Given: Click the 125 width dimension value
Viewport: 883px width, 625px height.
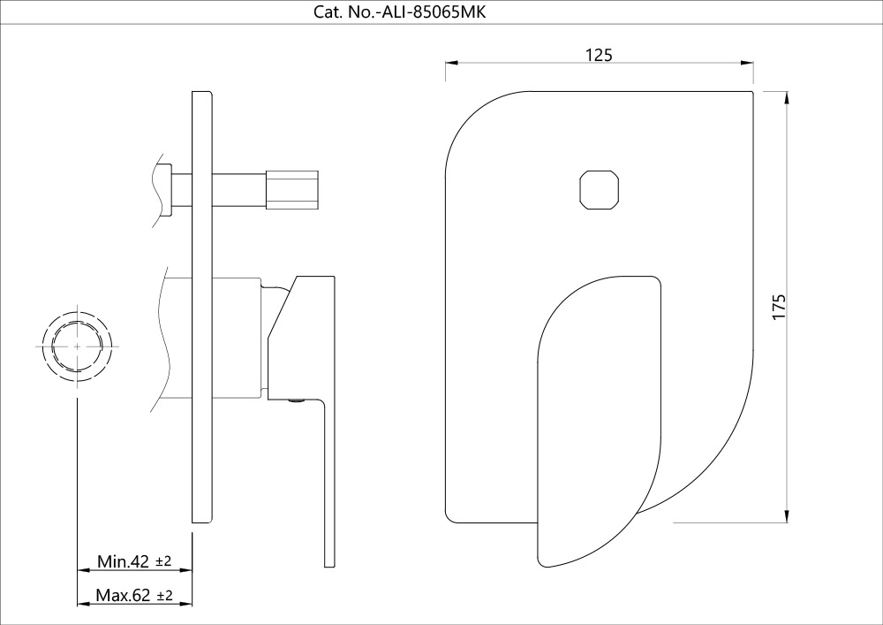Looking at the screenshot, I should [599, 54].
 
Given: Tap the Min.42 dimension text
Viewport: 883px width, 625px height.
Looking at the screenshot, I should [123, 561].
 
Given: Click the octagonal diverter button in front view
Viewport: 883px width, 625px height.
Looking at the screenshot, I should [600, 188].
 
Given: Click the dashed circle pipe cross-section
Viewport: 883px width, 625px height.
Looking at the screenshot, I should [77, 347].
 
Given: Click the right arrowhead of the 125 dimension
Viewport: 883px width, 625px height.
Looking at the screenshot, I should [748, 63].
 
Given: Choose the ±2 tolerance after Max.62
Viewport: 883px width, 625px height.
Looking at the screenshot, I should [164, 596].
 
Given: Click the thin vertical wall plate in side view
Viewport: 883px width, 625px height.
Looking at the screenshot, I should [202, 309].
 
